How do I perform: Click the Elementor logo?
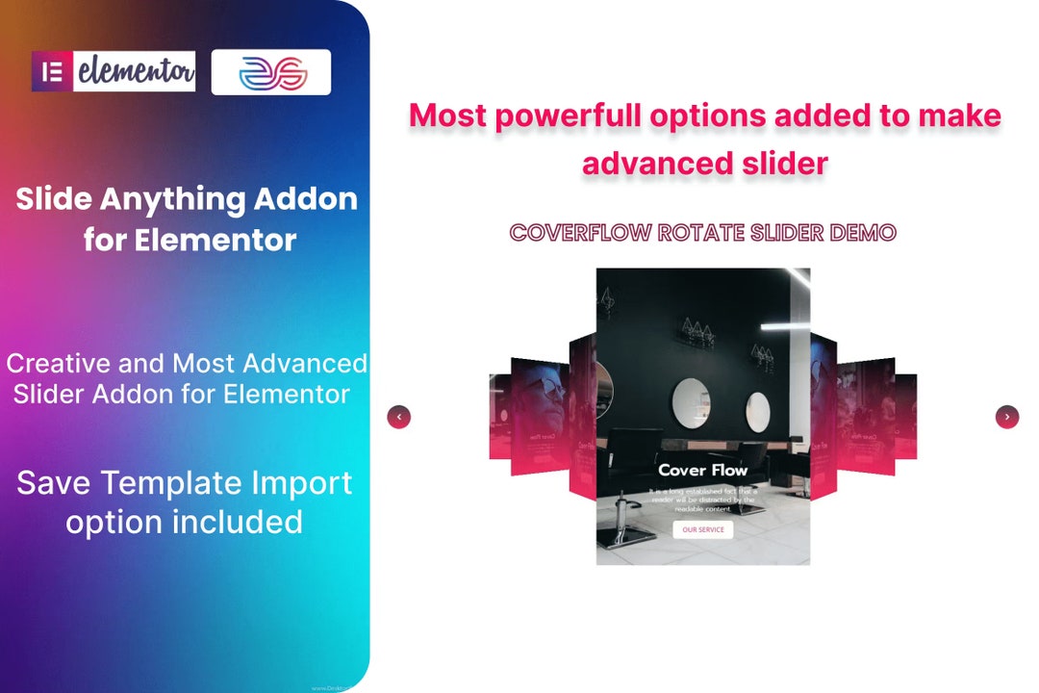pos(114,71)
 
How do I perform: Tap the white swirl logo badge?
pos(271,72)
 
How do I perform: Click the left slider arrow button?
pos(398,417)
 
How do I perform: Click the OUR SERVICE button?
pos(702,529)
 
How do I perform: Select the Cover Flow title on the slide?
pos(702,470)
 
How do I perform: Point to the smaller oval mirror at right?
pos(758,412)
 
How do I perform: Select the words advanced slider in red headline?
pos(704,163)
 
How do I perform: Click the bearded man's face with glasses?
pos(539,404)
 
